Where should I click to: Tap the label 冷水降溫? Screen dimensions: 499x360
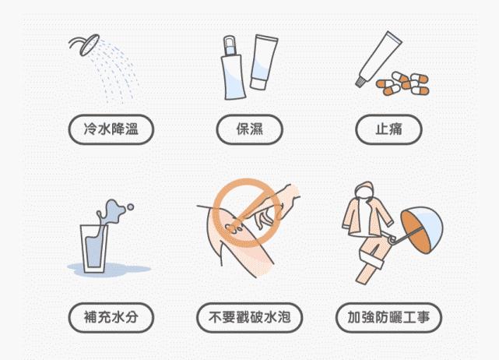point(111,129)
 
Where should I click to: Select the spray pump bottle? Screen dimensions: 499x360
point(233,68)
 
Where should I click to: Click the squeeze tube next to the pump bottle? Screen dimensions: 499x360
point(263,62)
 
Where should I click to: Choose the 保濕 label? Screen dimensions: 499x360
point(249,129)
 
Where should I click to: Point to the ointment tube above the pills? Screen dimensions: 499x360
point(378,59)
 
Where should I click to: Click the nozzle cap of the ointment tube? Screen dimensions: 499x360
point(360,82)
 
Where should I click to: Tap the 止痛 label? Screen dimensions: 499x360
point(388,129)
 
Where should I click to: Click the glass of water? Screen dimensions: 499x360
point(94,249)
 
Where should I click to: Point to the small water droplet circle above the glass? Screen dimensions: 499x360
point(130,207)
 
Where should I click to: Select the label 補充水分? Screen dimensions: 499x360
point(111,317)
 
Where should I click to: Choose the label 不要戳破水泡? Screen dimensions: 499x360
point(249,317)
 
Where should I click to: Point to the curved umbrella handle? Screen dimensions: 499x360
point(392,239)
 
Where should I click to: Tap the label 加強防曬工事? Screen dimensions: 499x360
point(388,317)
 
